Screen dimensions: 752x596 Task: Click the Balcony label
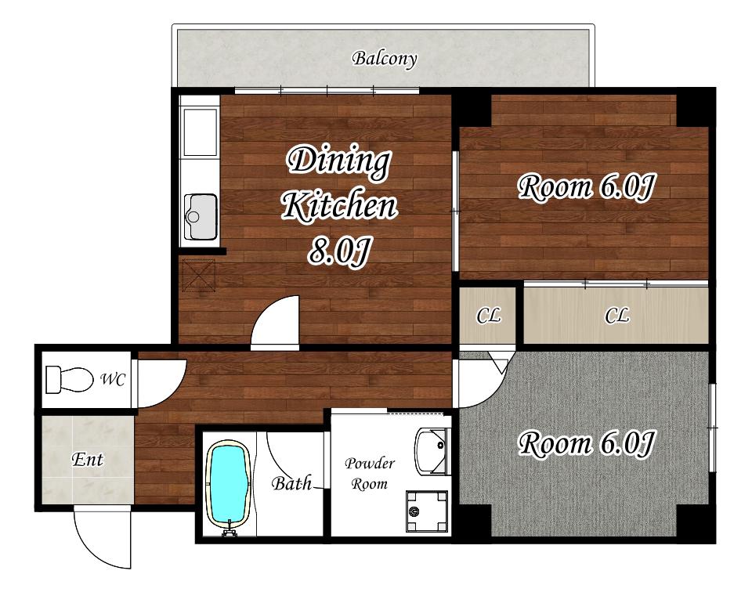(x=384, y=59)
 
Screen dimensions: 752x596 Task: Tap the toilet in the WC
(x=70, y=380)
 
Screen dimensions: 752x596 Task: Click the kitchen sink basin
(x=201, y=217)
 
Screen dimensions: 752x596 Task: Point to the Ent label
(x=87, y=460)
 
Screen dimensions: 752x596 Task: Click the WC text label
(x=113, y=380)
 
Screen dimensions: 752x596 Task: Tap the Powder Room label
(x=369, y=474)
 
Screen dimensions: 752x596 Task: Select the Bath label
(x=291, y=483)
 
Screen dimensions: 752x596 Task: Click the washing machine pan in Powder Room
(x=427, y=511)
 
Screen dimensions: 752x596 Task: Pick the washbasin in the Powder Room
(x=432, y=451)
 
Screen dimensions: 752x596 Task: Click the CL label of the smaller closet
(x=488, y=316)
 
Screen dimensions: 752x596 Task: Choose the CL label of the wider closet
(x=616, y=316)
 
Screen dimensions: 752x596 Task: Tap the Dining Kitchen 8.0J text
(x=339, y=206)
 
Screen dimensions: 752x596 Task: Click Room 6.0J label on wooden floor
(x=586, y=187)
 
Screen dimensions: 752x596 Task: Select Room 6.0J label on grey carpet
(x=586, y=443)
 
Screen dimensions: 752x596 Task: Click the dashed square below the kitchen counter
(x=198, y=275)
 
